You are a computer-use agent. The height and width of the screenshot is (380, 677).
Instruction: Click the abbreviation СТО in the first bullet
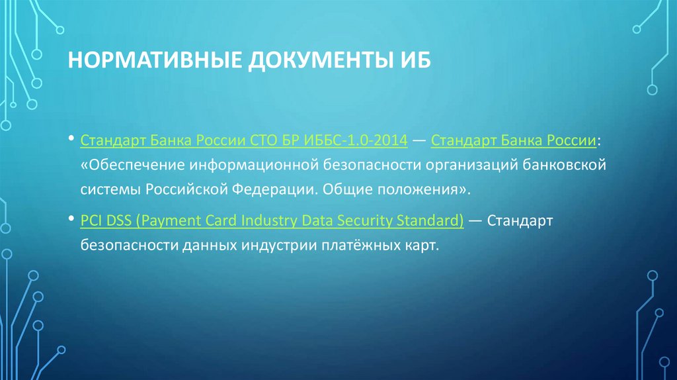(252, 141)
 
